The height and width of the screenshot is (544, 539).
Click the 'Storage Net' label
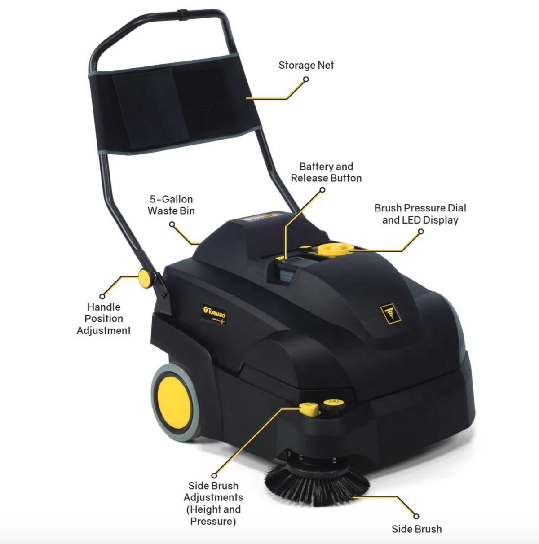(306, 66)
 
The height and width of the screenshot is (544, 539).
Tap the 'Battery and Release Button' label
(326, 172)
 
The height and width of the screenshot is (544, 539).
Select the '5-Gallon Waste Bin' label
(171, 205)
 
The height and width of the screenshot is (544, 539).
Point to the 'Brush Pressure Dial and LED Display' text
(420, 214)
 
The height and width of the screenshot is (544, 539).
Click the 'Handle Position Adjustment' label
(104, 319)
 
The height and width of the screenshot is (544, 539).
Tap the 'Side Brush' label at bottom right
(416, 529)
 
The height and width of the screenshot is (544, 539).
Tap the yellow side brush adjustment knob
(309, 408)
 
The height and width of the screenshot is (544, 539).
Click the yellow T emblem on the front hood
(390, 313)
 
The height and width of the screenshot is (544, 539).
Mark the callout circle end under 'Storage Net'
(306, 79)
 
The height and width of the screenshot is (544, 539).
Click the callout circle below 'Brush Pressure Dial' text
(420, 232)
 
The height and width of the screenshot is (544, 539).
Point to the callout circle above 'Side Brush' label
(416, 517)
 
